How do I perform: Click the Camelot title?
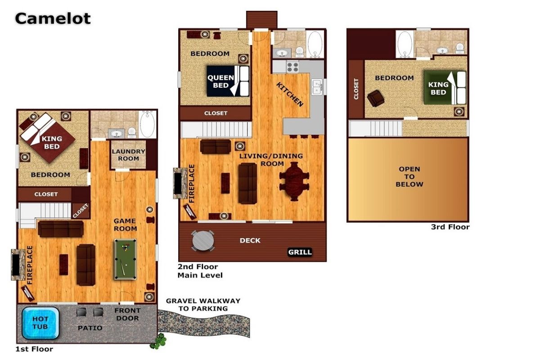(x=53, y=18)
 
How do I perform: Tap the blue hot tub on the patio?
(x=40, y=323)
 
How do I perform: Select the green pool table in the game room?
(x=126, y=259)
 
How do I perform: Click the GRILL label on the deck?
(x=300, y=252)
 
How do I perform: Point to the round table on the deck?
(x=203, y=241)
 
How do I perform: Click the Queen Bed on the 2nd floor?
(x=228, y=81)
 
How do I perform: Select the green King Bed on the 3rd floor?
(x=445, y=88)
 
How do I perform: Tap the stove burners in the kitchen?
(x=292, y=67)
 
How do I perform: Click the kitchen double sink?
(x=317, y=87)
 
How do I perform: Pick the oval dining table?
(x=294, y=181)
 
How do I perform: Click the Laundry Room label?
(x=129, y=155)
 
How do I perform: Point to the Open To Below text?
(x=409, y=176)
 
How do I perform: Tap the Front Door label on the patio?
(x=127, y=314)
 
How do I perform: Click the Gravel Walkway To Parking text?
(x=203, y=305)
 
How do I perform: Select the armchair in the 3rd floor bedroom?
(x=376, y=98)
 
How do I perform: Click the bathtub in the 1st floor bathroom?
(x=148, y=124)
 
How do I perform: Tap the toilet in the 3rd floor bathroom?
(x=460, y=48)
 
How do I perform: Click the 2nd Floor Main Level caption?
(x=200, y=271)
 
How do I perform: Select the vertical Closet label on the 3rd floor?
(x=356, y=89)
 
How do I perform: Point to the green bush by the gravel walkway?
(x=158, y=341)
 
